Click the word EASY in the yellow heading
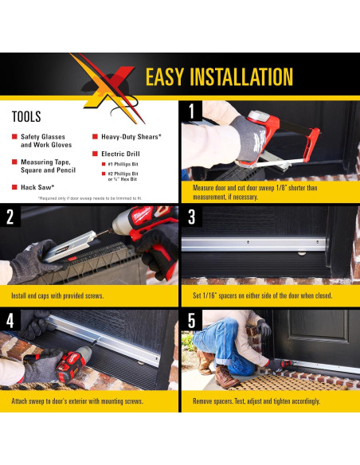[x=165, y=76]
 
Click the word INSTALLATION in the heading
[x=241, y=76]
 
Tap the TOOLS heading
[x=26, y=116]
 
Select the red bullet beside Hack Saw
[x=14, y=187]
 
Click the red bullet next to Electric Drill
[x=95, y=154]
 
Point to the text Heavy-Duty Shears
[x=131, y=137]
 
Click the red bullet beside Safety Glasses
[x=14, y=136]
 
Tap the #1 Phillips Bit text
[x=123, y=164]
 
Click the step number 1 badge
[x=192, y=111]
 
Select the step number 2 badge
[x=10, y=217]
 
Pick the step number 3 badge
[x=192, y=217]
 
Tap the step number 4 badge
[x=10, y=320]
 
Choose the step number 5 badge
[x=192, y=320]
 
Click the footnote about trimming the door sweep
[x=90, y=198]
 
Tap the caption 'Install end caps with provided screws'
[x=57, y=295]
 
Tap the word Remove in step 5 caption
[x=201, y=401]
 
